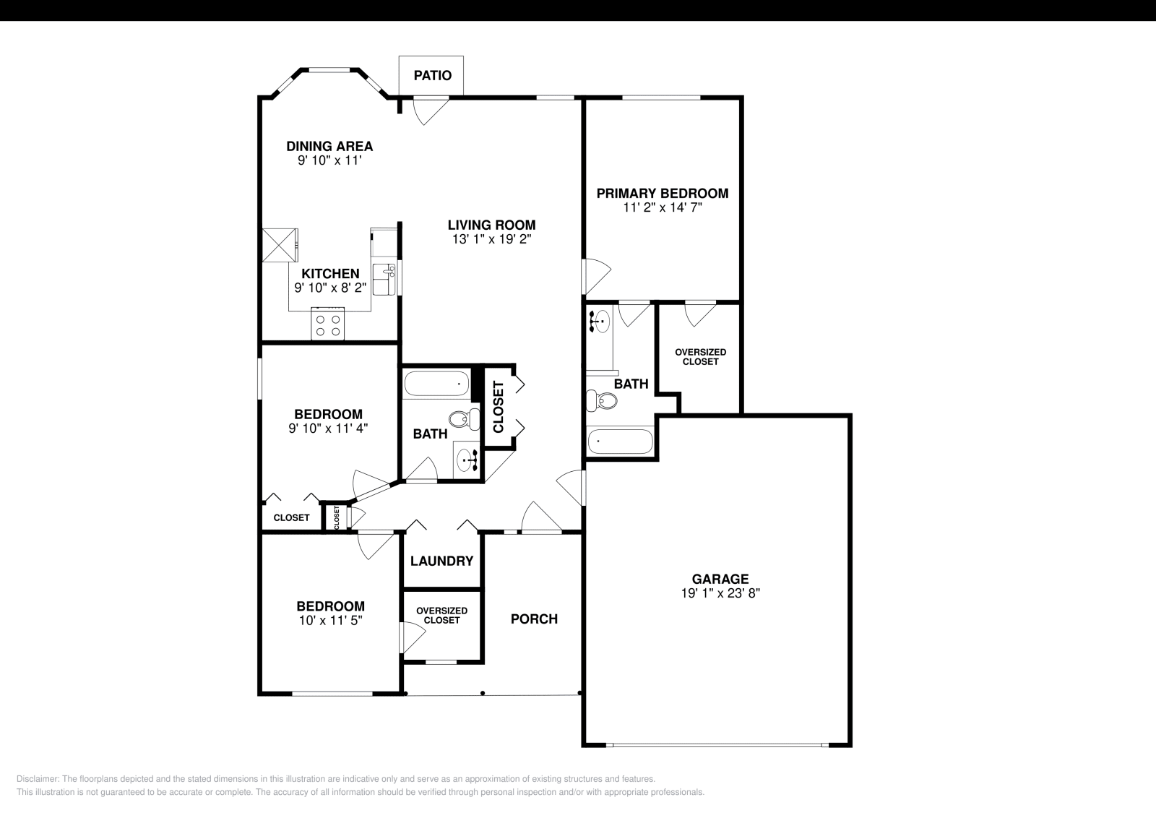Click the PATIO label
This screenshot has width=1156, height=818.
click(x=432, y=75)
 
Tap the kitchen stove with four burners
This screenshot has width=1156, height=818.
click(x=327, y=324)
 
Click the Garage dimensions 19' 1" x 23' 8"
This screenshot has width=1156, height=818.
click(x=720, y=593)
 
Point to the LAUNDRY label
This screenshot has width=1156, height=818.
click(x=441, y=561)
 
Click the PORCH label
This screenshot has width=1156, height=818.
click(x=534, y=619)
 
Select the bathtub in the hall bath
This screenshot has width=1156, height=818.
click(x=436, y=383)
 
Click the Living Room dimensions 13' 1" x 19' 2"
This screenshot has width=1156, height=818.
click(x=491, y=239)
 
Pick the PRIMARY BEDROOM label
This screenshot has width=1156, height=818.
click(x=662, y=193)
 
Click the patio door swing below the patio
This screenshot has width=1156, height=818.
click(x=429, y=110)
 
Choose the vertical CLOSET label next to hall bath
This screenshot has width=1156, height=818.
click(x=499, y=407)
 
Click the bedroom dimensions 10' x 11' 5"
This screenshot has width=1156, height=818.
click(x=330, y=620)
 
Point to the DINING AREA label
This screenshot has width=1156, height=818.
click(x=329, y=146)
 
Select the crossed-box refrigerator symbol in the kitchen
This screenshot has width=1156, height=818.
click(x=280, y=245)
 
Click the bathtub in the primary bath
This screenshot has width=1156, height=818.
click(x=621, y=442)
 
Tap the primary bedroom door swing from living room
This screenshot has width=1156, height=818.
click(x=596, y=275)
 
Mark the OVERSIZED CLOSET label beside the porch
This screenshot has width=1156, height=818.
click(x=441, y=615)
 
